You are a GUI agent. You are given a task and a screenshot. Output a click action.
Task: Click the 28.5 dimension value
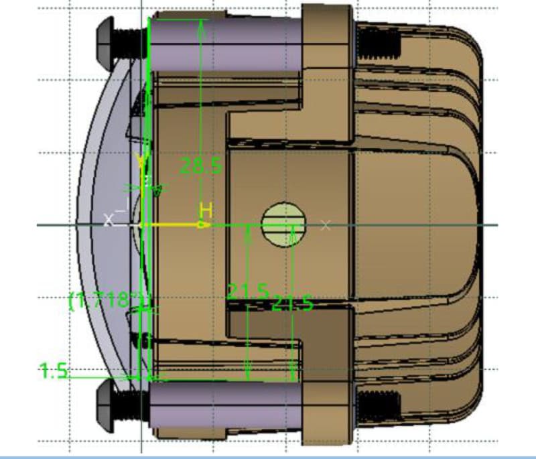[201, 166]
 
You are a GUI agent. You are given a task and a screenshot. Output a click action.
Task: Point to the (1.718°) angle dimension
[107, 299]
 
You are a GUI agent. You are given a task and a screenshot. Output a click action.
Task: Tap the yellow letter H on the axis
[206, 210]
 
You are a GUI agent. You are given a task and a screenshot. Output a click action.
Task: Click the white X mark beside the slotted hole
[325, 224]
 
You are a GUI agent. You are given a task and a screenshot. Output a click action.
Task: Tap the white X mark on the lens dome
[109, 219]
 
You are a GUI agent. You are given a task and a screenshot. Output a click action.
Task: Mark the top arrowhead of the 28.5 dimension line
[201, 23]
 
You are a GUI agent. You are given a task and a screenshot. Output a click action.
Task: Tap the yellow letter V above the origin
[141, 161]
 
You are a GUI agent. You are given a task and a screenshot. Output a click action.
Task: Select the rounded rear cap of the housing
[462, 221]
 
